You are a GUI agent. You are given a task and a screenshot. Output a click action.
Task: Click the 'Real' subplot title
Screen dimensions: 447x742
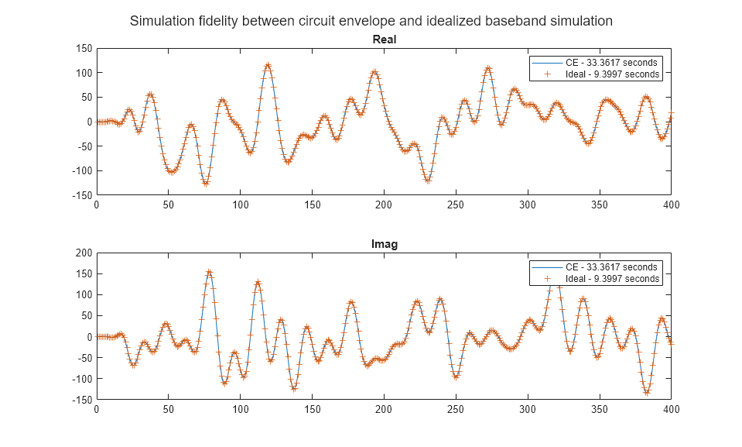[x=384, y=39]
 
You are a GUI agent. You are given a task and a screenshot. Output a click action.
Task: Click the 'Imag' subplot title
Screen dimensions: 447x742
[x=384, y=244]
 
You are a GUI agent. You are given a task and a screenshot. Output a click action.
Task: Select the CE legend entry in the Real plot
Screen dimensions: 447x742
[x=595, y=62]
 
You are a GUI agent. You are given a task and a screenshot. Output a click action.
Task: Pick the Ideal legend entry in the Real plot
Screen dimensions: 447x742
[x=595, y=74]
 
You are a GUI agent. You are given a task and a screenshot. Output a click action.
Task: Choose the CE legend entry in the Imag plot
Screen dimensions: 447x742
[x=595, y=266]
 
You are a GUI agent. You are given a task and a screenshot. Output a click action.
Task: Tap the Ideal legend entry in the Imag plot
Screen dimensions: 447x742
[x=595, y=279]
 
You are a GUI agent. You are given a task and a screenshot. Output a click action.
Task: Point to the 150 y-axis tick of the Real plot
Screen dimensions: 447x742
[x=84, y=48]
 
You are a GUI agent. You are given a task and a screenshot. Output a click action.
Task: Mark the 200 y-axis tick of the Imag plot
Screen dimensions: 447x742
[x=84, y=253]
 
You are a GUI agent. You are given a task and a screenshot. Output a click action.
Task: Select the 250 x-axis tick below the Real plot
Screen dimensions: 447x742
[x=456, y=205]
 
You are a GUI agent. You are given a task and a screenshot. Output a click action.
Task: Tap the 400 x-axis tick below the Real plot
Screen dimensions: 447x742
[x=671, y=205]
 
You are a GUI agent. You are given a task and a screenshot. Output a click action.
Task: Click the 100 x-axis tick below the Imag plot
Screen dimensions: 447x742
[x=240, y=410]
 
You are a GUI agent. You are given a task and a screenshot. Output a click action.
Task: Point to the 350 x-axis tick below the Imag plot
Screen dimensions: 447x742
[x=599, y=410]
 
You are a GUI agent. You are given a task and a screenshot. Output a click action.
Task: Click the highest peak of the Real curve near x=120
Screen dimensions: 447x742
[x=268, y=65]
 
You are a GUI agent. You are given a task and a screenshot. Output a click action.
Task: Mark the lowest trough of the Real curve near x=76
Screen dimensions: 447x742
[x=206, y=184]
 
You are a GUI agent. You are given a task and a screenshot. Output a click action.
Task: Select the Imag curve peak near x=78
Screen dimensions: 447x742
[x=209, y=272]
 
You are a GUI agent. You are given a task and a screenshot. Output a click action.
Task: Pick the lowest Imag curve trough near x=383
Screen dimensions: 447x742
[x=646, y=393]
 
